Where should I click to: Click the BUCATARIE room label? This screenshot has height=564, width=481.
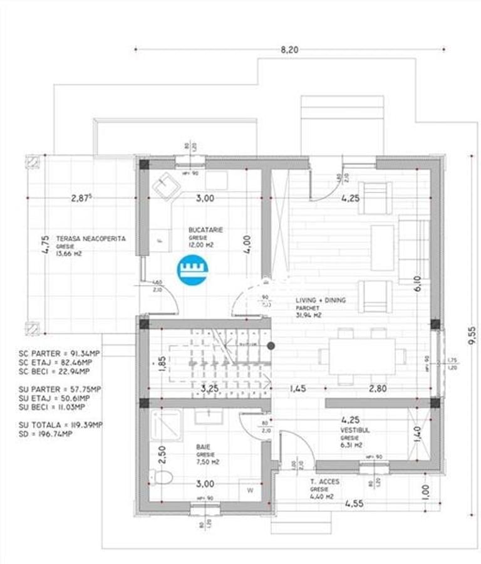(x=205, y=230)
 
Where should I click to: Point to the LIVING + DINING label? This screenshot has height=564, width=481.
(x=321, y=300)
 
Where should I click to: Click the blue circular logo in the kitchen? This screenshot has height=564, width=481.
(x=193, y=270)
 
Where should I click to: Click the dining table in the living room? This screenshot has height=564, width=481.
(x=362, y=356)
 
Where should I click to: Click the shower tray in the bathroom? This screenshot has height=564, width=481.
(x=166, y=426)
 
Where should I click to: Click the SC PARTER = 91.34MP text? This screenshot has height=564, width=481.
(x=59, y=353)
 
